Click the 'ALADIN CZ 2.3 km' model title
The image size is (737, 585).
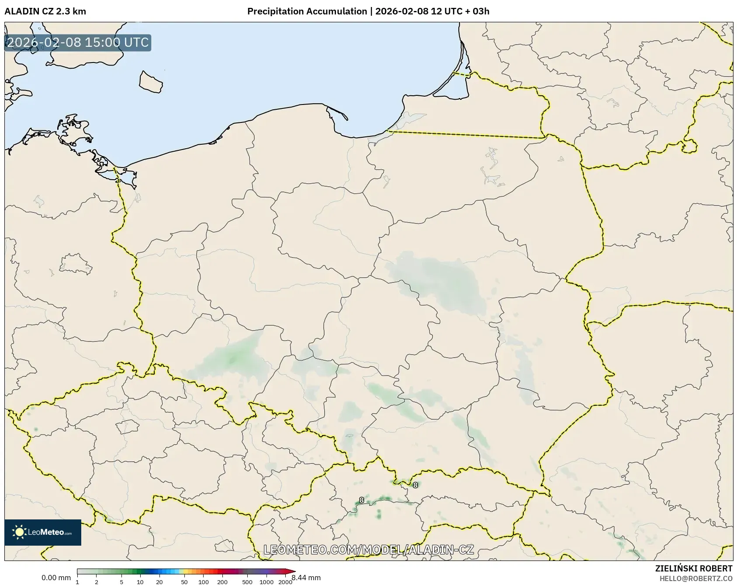[x=45, y=11]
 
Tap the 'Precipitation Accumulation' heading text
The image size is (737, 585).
[x=307, y=11]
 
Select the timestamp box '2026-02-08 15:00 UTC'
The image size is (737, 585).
[x=78, y=43]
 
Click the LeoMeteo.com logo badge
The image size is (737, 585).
[x=43, y=532]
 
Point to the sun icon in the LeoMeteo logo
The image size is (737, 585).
[x=19, y=532]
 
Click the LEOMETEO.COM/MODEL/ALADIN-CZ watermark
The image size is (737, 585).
[x=368, y=550]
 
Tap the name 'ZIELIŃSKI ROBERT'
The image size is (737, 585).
[x=693, y=568]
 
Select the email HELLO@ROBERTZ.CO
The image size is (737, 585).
[x=695, y=578]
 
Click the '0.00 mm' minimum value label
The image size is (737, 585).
[x=56, y=578]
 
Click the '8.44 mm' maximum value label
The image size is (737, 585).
[x=306, y=578]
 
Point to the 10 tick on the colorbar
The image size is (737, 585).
[x=140, y=582]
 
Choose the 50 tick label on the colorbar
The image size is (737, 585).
[x=184, y=582]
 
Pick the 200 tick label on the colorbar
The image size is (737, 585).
[x=222, y=582]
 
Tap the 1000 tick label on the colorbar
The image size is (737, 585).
[x=266, y=582]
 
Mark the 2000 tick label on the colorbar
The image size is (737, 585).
[x=285, y=582]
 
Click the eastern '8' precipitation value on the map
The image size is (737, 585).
[x=415, y=485]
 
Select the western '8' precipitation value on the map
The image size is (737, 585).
[x=361, y=500]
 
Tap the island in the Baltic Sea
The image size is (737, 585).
[x=151, y=82]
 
